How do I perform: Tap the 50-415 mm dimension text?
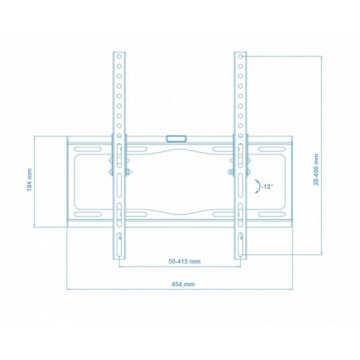[184, 262]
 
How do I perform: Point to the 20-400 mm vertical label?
[316, 169]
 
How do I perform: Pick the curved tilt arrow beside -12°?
[258, 187]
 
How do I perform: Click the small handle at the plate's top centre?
[177, 138]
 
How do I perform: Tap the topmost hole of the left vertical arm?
[120, 55]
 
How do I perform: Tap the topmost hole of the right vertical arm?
[241, 55]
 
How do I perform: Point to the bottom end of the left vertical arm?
[120, 257]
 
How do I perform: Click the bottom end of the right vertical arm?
[240, 257]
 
